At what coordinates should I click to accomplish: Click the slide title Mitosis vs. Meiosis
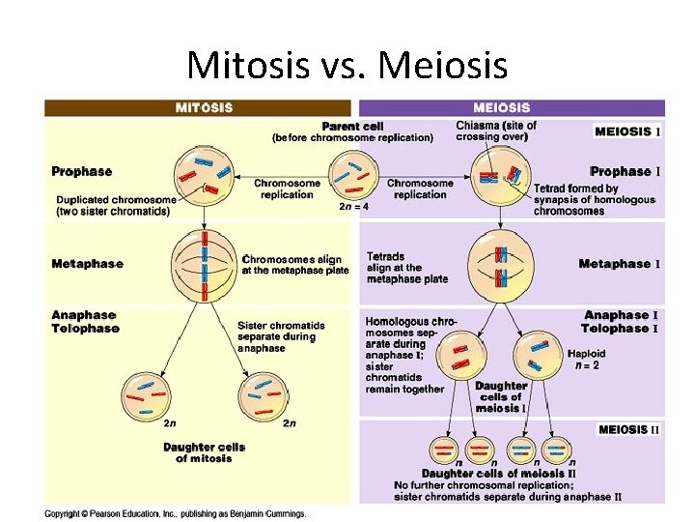click(x=347, y=65)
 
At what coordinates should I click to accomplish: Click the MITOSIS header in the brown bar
click(x=203, y=107)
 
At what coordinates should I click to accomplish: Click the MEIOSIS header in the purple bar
click(x=501, y=107)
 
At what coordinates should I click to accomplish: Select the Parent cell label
click(x=352, y=126)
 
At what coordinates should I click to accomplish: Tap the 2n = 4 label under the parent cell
click(x=353, y=206)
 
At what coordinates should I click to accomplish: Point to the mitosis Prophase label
click(x=81, y=171)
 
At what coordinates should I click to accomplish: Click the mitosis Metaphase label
click(x=87, y=263)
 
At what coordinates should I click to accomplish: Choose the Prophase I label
click(x=625, y=171)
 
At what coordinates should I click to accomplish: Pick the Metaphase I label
click(x=618, y=263)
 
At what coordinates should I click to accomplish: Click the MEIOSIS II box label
click(x=628, y=429)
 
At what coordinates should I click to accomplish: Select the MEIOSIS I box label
click(x=628, y=131)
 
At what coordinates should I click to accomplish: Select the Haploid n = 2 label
click(x=587, y=359)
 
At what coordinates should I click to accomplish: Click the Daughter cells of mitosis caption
click(x=204, y=452)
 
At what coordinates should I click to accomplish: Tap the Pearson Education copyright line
click(x=175, y=513)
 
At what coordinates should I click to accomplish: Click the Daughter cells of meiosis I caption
click(x=501, y=396)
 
